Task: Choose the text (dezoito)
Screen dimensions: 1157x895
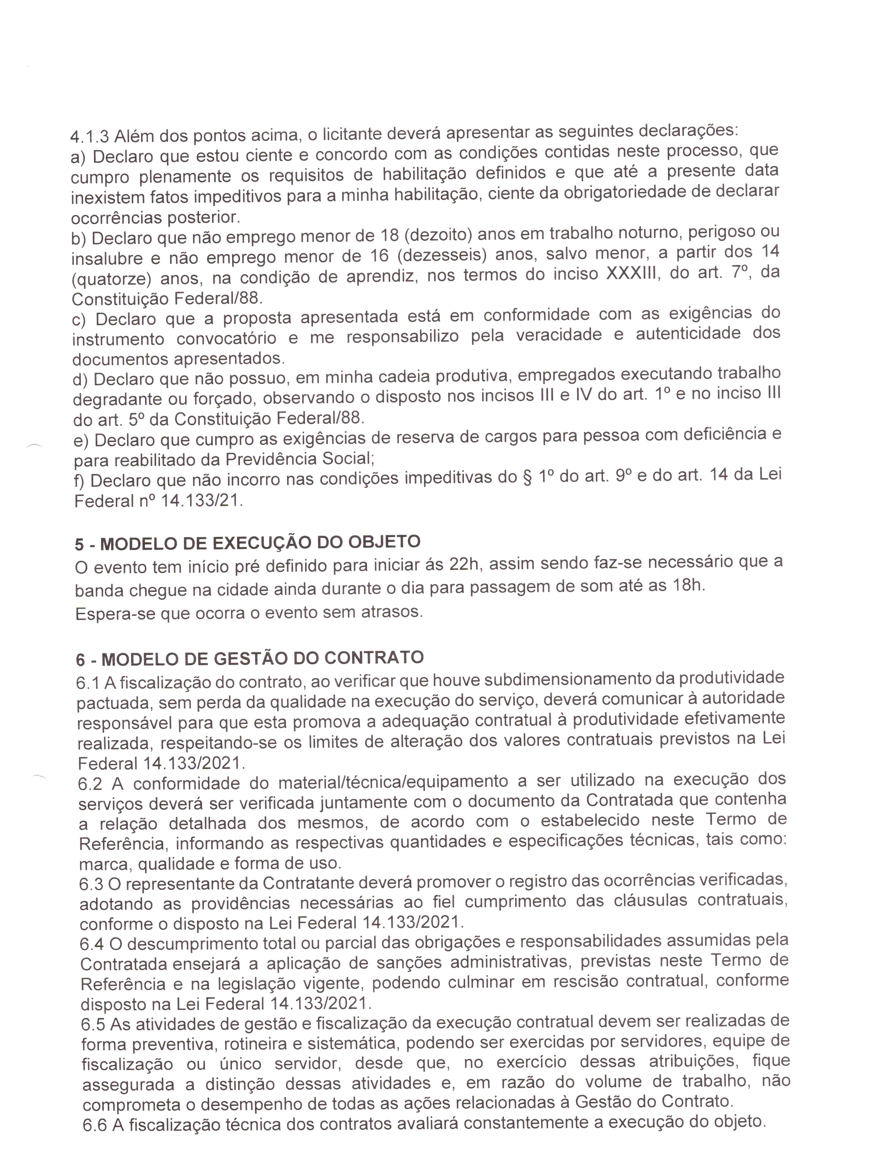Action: tap(438, 235)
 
